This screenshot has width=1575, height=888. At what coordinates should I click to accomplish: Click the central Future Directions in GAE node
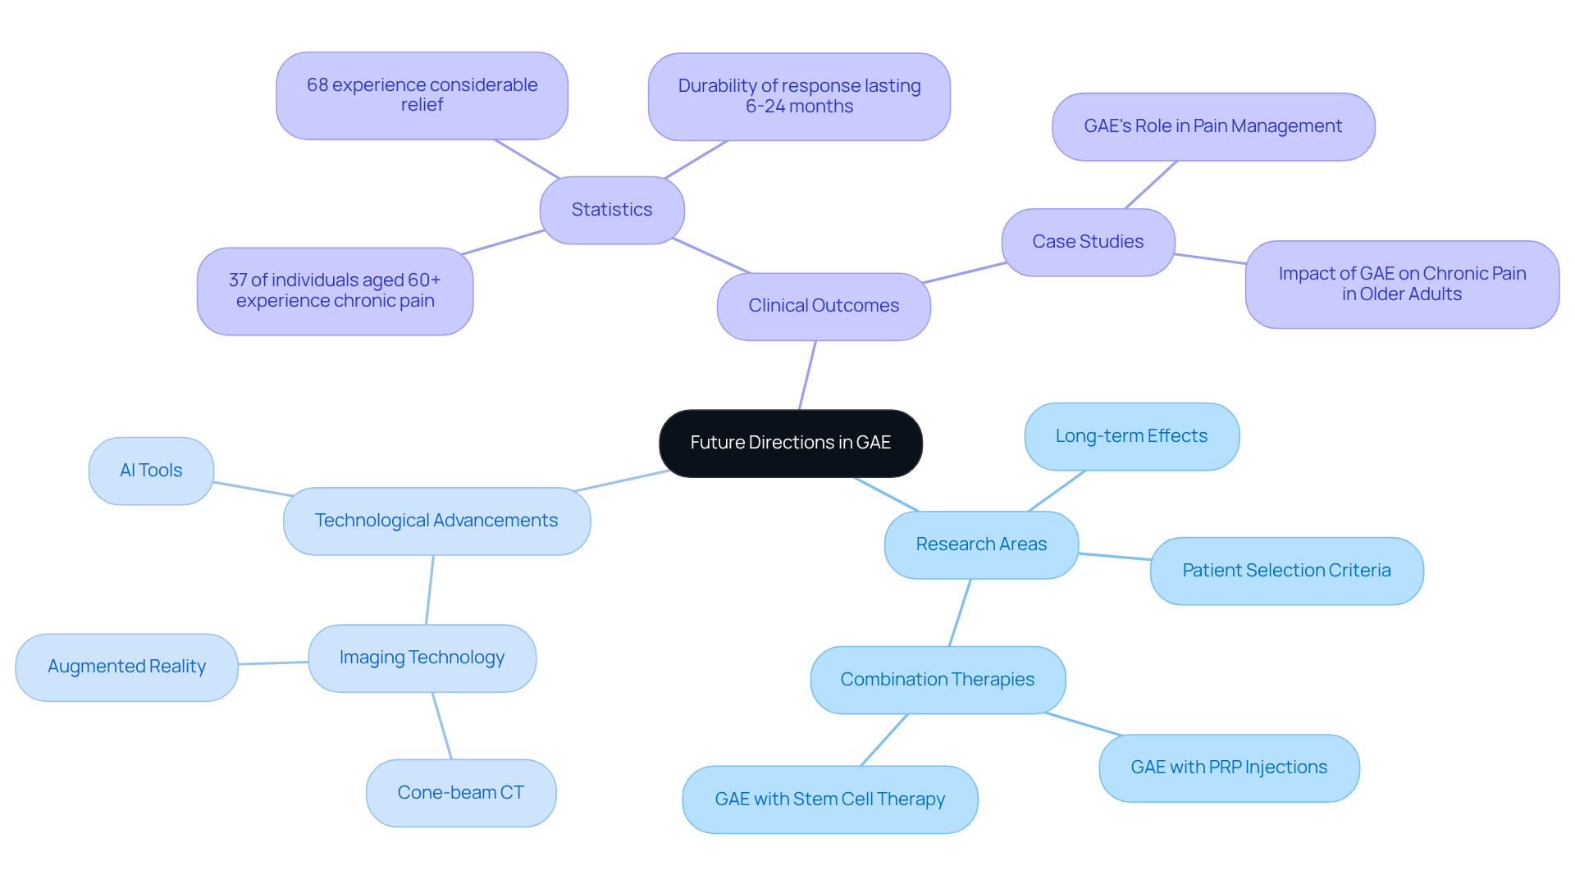click(x=790, y=443)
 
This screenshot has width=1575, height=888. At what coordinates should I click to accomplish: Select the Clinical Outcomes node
click(x=824, y=306)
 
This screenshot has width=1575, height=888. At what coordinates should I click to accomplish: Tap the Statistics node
click(x=611, y=210)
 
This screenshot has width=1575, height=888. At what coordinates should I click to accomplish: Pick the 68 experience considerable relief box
click(x=422, y=95)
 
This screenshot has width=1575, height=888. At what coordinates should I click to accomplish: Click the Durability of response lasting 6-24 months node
click(x=799, y=96)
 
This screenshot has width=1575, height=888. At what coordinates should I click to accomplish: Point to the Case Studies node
click(x=1088, y=242)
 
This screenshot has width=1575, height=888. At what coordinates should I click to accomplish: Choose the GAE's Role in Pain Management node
click(x=1212, y=126)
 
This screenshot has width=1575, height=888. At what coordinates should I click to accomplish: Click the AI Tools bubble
click(x=151, y=471)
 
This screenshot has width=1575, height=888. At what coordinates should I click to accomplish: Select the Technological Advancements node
click(x=436, y=521)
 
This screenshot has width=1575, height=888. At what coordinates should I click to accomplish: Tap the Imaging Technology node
click(x=422, y=658)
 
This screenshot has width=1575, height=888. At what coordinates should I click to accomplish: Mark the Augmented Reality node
click(x=126, y=667)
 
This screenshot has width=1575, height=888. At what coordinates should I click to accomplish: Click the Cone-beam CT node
click(x=460, y=793)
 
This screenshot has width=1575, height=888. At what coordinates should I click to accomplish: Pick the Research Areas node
click(x=981, y=544)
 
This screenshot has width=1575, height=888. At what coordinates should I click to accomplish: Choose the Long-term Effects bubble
click(x=1131, y=436)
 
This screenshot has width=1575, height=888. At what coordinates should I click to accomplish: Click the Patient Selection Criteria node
click(x=1286, y=571)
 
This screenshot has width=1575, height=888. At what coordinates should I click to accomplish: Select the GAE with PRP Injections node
click(x=1228, y=767)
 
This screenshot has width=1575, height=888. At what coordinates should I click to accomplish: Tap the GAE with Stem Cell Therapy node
click(x=829, y=799)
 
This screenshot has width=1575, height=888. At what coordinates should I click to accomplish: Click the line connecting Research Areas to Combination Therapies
click(x=960, y=612)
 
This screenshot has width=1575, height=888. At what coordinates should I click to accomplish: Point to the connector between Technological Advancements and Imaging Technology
click(x=430, y=590)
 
